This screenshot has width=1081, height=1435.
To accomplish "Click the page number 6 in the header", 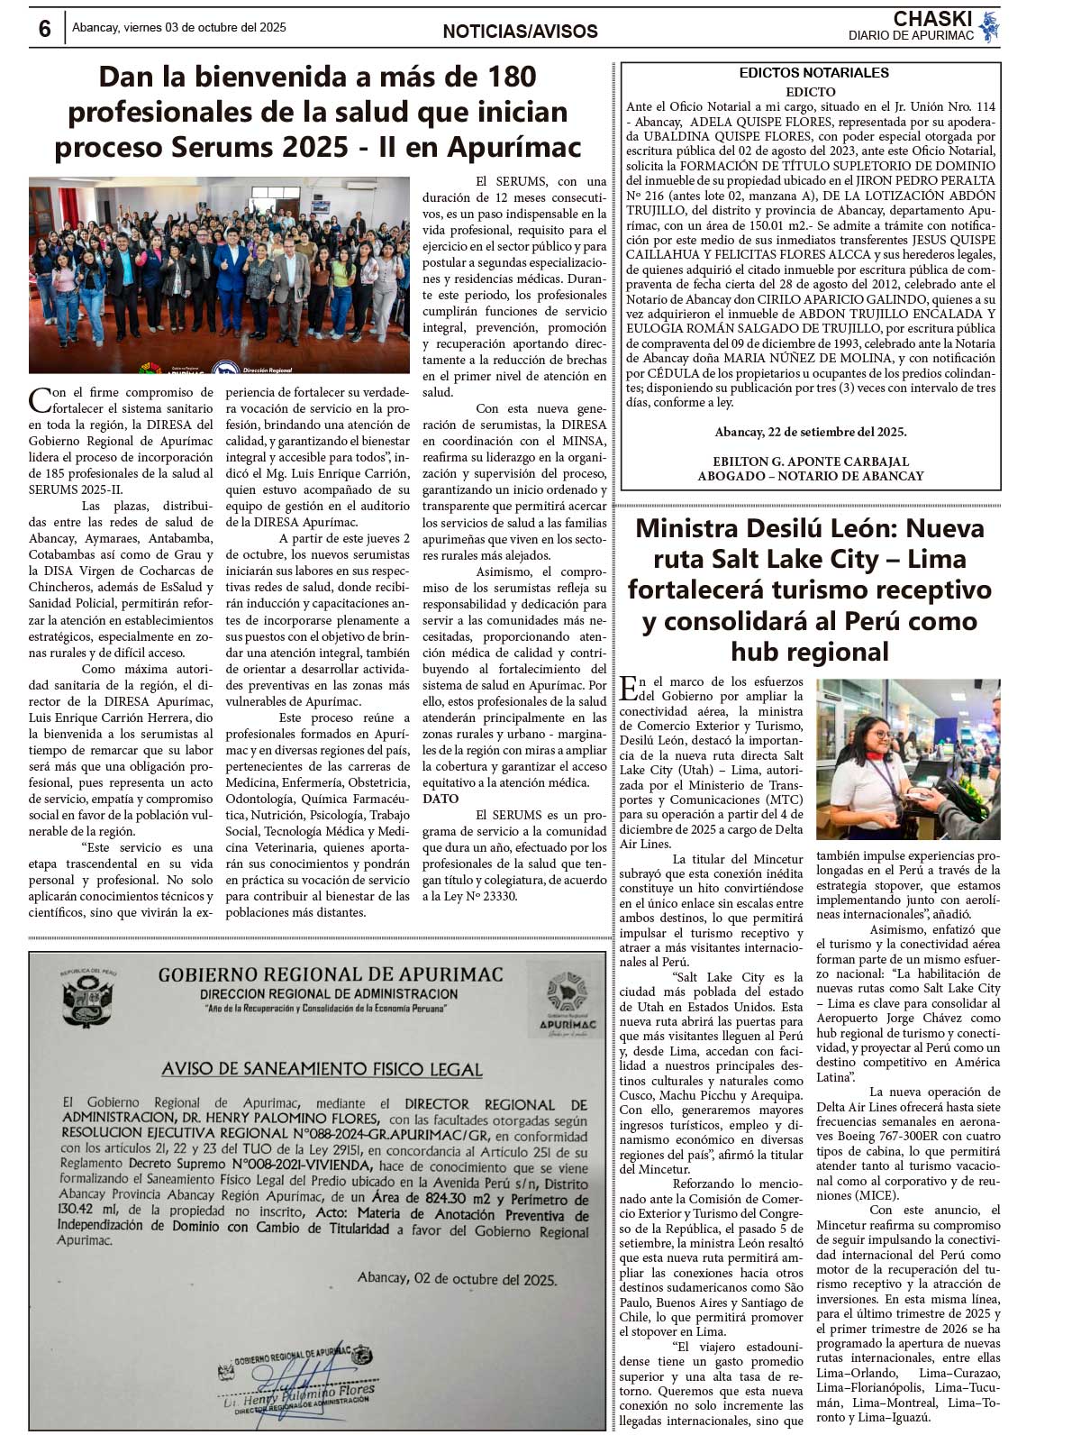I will [x=44, y=29].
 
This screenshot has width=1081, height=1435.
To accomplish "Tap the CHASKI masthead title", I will [x=931, y=19].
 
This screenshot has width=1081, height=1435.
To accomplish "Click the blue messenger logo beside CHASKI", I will [x=989, y=26].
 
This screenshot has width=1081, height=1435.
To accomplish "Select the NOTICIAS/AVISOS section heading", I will [x=520, y=32].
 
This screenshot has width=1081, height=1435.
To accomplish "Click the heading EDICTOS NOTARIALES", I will [x=813, y=73].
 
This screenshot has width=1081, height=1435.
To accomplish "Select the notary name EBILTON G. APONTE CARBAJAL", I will [x=811, y=462].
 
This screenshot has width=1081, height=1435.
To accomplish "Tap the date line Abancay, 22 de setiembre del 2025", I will [x=811, y=432].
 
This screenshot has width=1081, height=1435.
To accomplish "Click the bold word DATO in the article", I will [x=441, y=799].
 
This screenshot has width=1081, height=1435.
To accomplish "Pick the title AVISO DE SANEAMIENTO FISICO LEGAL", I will [x=322, y=1069].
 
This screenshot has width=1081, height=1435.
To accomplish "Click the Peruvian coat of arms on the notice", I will [x=87, y=1000].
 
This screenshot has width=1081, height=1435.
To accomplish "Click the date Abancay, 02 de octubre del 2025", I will [x=457, y=1278].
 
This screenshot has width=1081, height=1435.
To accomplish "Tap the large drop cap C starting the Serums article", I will [x=40, y=399].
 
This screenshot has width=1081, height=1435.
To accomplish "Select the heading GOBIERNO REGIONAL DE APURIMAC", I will [x=330, y=974].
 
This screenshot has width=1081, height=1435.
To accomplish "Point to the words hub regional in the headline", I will [x=810, y=652].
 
